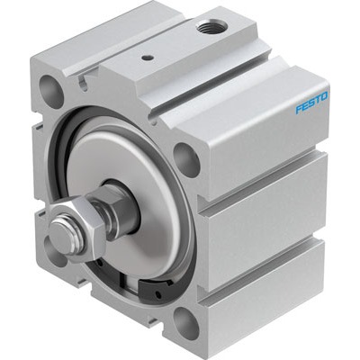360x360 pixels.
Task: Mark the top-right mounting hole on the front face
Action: click(185, 158)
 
